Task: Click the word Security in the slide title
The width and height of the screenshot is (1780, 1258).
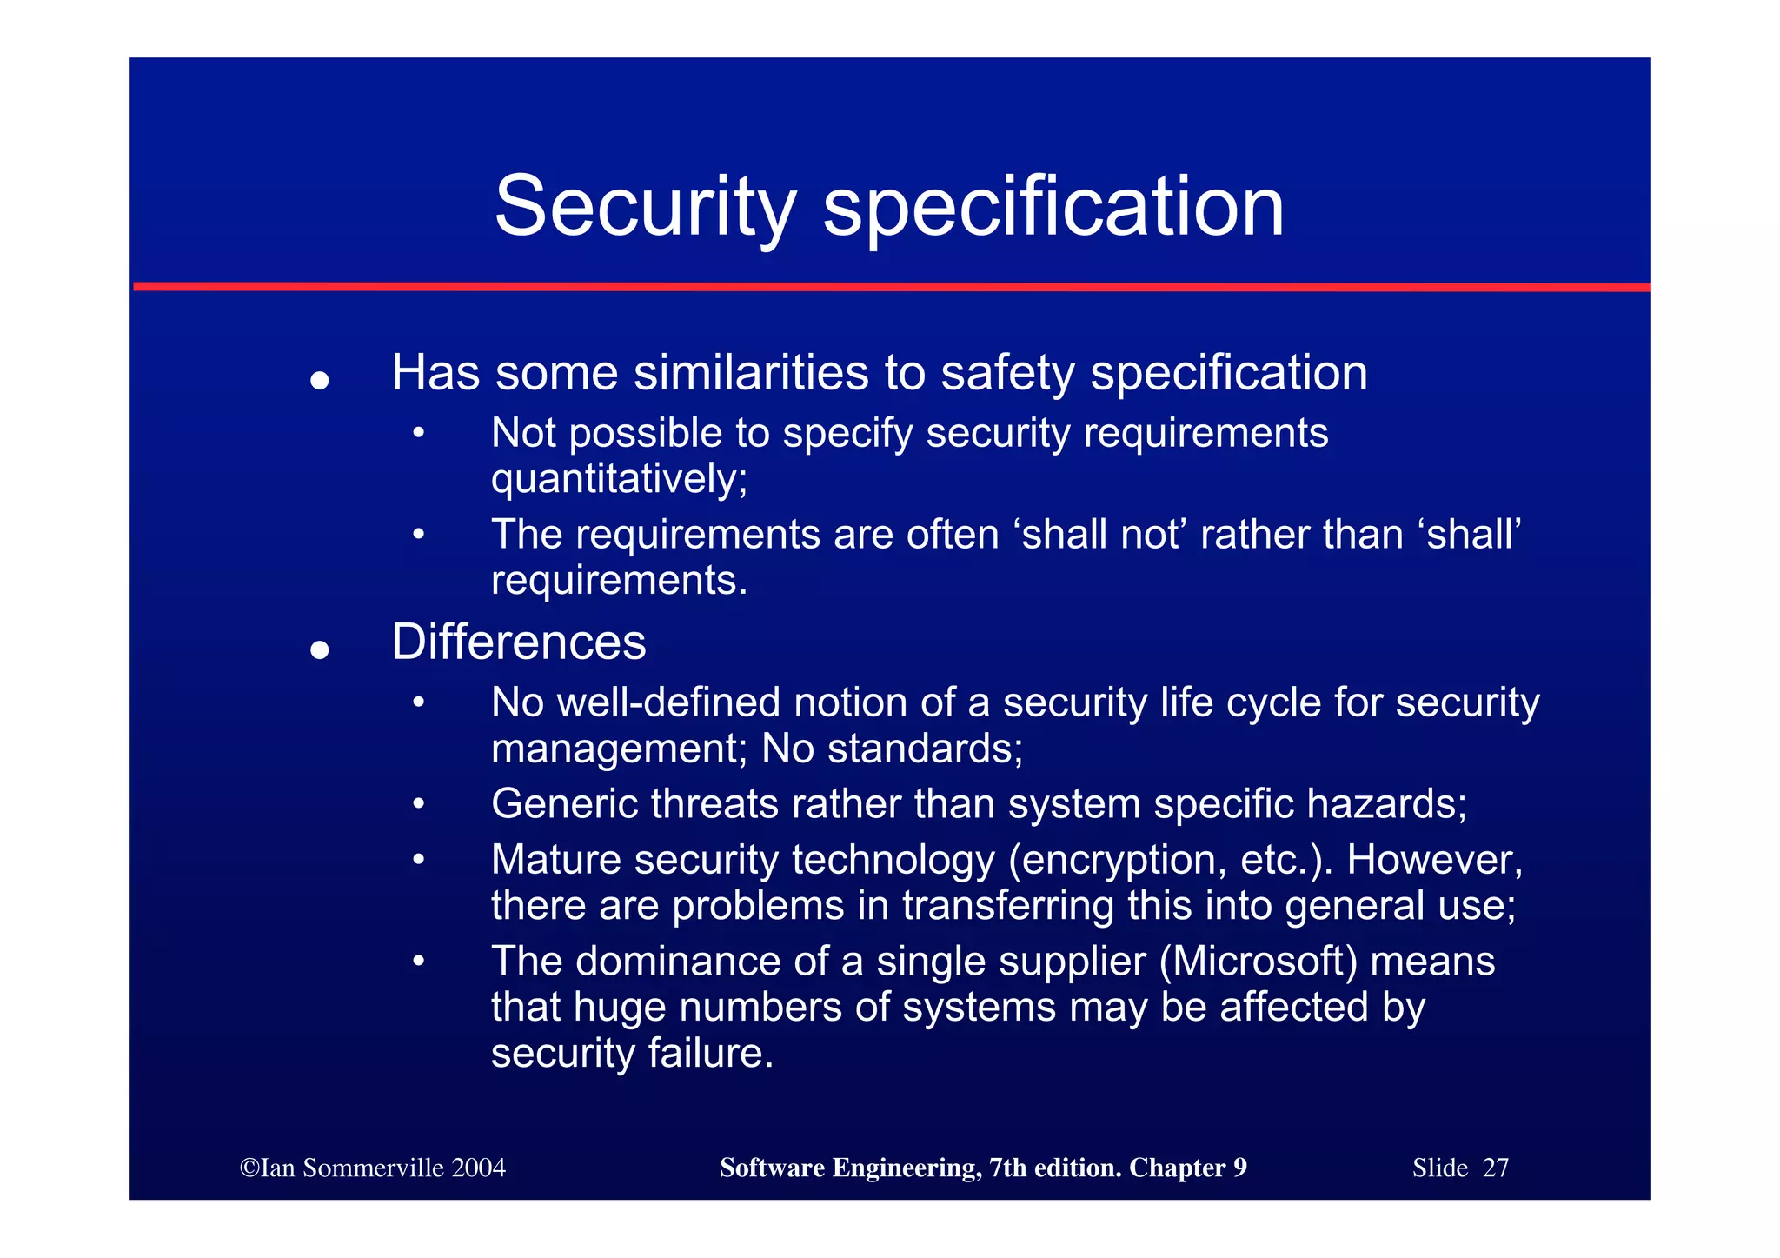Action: tap(645, 207)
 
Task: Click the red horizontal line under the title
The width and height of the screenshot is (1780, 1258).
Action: tap(890, 287)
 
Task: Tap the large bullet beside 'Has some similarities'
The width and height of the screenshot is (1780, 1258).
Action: tap(320, 381)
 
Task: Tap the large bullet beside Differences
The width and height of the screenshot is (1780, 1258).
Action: tap(320, 650)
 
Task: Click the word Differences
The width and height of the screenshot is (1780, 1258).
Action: tap(519, 642)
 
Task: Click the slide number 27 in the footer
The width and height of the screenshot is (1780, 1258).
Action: tap(1495, 1168)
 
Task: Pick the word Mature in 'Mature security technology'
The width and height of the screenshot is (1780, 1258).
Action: tap(556, 861)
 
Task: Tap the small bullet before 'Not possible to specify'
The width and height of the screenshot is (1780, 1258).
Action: tap(419, 432)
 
